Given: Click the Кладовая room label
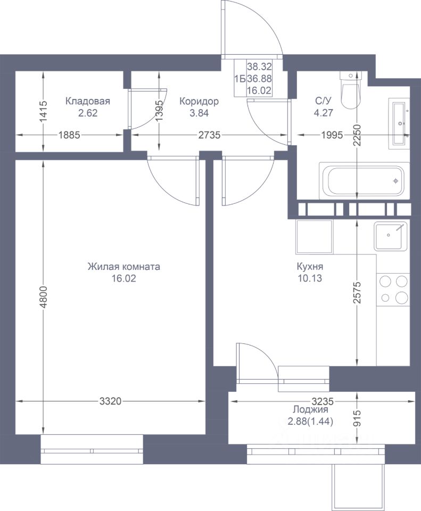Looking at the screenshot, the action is tap(88, 101).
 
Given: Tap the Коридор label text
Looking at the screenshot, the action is tap(199, 101).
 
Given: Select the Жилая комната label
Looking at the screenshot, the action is tap(124, 267).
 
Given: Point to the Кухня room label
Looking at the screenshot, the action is tap(310, 267).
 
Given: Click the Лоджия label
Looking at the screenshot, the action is tap(310, 410).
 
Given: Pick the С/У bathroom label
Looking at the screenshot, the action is tap(323, 101).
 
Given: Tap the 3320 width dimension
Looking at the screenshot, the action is tap(110, 401).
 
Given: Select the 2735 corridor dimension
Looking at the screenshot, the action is tap(210, 135).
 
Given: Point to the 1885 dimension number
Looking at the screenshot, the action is tap(69, 135).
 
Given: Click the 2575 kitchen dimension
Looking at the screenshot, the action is tap(358, 292).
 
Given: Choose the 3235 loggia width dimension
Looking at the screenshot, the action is tap(323, 400).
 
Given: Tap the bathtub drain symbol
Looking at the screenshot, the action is tap(395, 180).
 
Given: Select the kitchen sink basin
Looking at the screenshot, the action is tap(391, 236).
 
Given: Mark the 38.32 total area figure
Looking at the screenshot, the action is tap(259, 67).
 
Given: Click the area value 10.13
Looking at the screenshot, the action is tap(310, 278).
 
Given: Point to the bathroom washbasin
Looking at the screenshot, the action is tap(399, 123).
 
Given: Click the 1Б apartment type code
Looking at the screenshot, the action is tap(240, 79).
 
